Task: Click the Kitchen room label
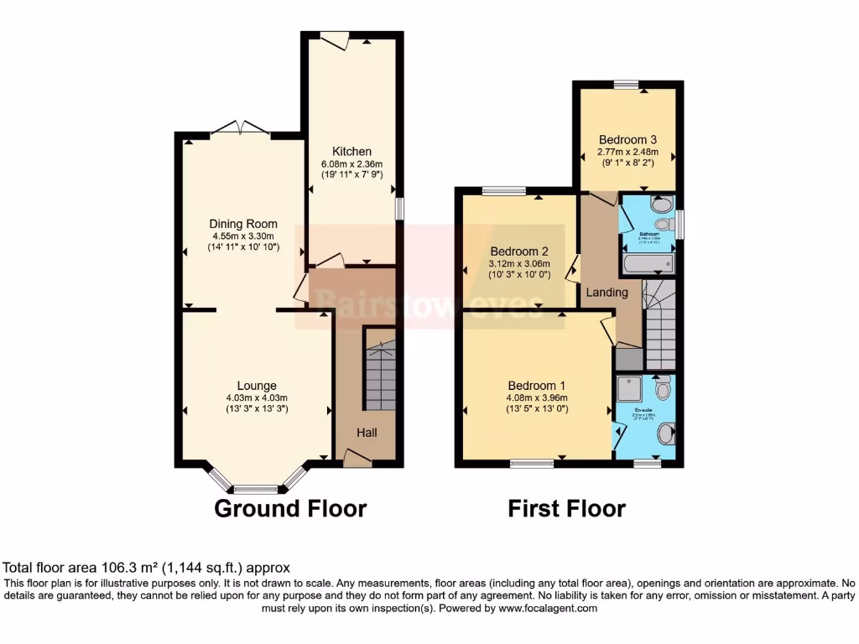351,151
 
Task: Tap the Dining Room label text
244,224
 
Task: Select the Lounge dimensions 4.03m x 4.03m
257,397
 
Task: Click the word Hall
367,433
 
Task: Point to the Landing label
607,293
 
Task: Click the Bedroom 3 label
627,139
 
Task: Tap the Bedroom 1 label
536,385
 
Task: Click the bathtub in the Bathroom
648,265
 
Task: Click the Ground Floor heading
290,508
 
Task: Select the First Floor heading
566,508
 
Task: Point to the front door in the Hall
357,457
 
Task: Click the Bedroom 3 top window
625,83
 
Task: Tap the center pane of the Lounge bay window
255,489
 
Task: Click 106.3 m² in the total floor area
124,568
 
